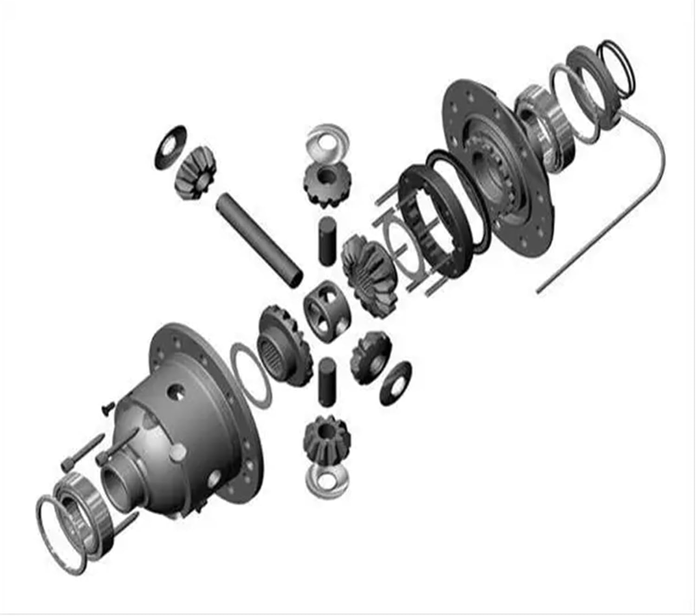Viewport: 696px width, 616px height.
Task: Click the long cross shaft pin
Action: [x=260, y=240]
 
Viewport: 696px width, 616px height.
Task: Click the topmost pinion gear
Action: [x=327, y=183]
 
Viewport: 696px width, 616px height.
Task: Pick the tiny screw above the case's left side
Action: [x=106, y=408]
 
